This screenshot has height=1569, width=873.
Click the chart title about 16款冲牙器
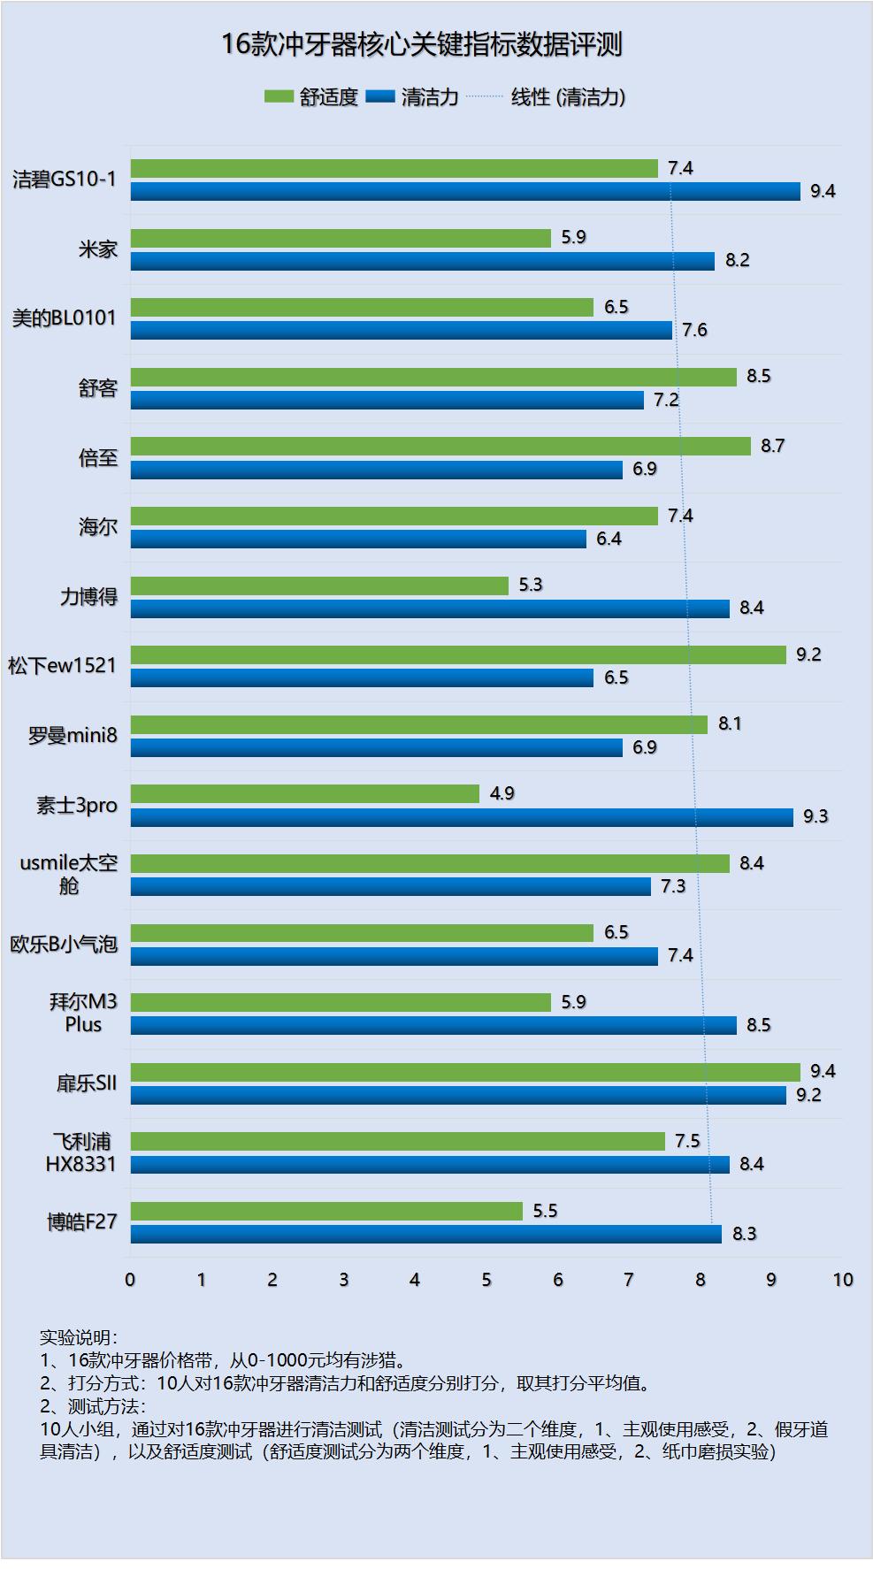pyautogui.click(x=422, y=45)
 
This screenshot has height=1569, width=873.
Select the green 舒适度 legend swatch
pyautogui.click(x=279, y=96)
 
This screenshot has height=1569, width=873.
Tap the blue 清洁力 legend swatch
pyautogui.click(x=380, y=96)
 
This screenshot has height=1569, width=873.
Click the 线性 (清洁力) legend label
pyautogui.click(x=568, y=97)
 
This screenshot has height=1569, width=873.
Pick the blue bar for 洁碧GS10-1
pyautogui.click(x=465, y=191)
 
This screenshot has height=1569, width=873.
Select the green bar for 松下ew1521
pyautogui.click(x=458, y=654)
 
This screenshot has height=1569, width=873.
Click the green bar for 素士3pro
pyautogui.click(x=305, y=793)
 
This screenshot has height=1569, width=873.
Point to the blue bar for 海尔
pyautogui.click(x=358, y=539)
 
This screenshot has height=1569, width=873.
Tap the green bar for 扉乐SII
pyautogui.click(x=465, y=1072)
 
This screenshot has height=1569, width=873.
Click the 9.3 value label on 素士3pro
pyautogui.click(x=816, y=816)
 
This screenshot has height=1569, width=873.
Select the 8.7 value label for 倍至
pyautogui.click(x=772, y=446)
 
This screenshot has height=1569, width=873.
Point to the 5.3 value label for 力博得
pyautogui.click(x=531, y=585)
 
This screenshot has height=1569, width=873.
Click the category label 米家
pyautogui.click(x=97, y=249)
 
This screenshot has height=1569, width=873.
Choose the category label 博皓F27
pyautogui.click(x=81, y=1222)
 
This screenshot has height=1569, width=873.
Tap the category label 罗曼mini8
pyautogui.click(x=73, y=735)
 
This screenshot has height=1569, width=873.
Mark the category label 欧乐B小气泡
pyautogui.click(x=64, y=944)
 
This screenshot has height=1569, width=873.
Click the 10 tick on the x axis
pyautogui.click(x=843, y=1280)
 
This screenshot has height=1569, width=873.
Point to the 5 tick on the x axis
pyautogui.click(x=486, y=1280)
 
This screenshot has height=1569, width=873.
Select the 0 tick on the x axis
pyautogui.click(x=130, y=1280)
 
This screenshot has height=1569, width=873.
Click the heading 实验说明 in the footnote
pyautogui.click(x=78, y=1337)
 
